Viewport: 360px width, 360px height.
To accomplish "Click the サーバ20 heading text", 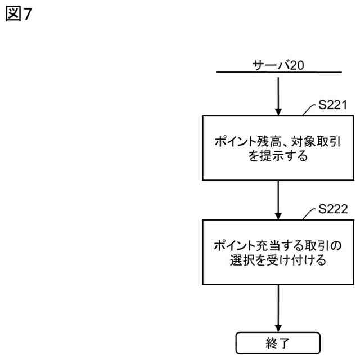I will pos(278,65).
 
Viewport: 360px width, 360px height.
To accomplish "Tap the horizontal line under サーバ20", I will pos(278,73).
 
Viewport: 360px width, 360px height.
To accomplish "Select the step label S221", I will pos(332,105).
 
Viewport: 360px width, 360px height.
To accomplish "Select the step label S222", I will pos(332,209).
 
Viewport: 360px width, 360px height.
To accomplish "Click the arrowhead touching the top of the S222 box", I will pos(278,215).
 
